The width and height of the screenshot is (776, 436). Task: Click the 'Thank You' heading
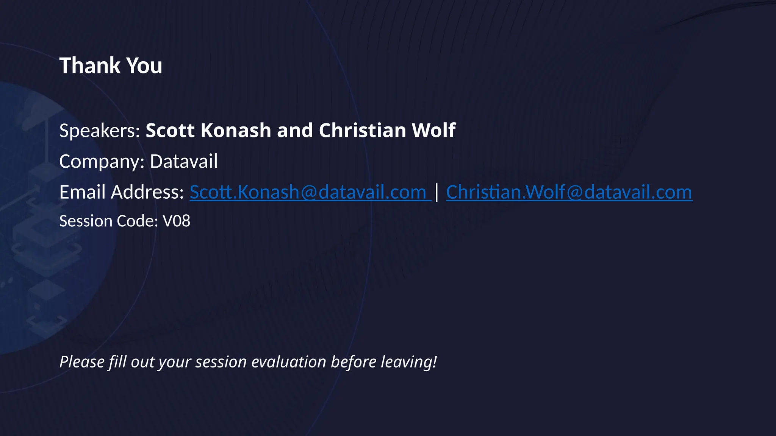(x=111, y=65)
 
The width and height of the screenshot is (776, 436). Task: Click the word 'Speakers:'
(x=100, y=131)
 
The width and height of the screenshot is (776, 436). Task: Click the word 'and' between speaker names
(x=295, y=131)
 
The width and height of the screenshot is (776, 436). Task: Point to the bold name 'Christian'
(x=363, y=131)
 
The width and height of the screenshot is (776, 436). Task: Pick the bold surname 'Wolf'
(x=433, y=131)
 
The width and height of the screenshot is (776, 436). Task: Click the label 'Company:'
(x=102, y=162)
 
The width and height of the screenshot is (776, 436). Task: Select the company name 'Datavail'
(x=184, y=162)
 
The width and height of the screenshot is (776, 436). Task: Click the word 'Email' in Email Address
(x=82, y=192)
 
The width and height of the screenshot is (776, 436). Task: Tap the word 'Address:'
(x=147, y=192)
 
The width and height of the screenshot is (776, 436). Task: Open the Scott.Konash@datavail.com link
(x=310, y=192)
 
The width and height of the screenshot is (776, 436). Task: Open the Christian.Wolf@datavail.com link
(x=569, y=192)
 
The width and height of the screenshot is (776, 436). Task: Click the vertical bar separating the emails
(x=437, y=192)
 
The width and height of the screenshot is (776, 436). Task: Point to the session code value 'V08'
(x=176, y=221)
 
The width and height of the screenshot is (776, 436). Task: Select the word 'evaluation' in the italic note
(x=289, y=362)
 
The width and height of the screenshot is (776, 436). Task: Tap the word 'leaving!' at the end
(x=409, y=362)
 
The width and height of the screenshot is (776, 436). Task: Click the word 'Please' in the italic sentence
(x=81, y=362)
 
